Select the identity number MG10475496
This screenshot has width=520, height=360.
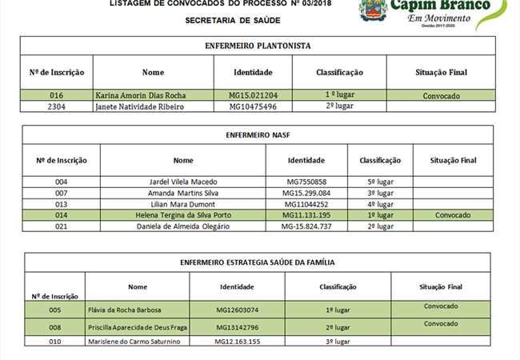[x=253, y=106]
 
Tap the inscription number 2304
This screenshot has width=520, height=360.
[x=56, y=106]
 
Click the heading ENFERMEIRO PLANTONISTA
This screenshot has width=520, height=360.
[x=258, y=46]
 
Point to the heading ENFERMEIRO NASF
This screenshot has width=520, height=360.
[x=258, y=135]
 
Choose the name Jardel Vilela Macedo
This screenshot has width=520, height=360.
[x=183, y=182]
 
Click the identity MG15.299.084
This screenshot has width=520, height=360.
[x=306, y=193]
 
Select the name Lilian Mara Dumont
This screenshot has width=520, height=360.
[x=183, y=204]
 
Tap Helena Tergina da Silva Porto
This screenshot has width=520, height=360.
[x=183, y=215]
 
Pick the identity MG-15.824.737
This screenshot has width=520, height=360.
[x=306, y=226]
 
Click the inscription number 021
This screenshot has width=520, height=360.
[x=62, y=226]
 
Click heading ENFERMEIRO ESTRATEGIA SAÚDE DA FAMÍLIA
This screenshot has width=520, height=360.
[x=258, y=262]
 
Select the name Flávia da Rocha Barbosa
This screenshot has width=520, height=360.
[x=128, y=310]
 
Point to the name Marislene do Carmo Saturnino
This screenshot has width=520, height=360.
[x=134, y=342]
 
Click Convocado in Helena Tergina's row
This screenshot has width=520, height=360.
[x=453, y=215]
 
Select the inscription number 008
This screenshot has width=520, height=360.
[x=55, y=327]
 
